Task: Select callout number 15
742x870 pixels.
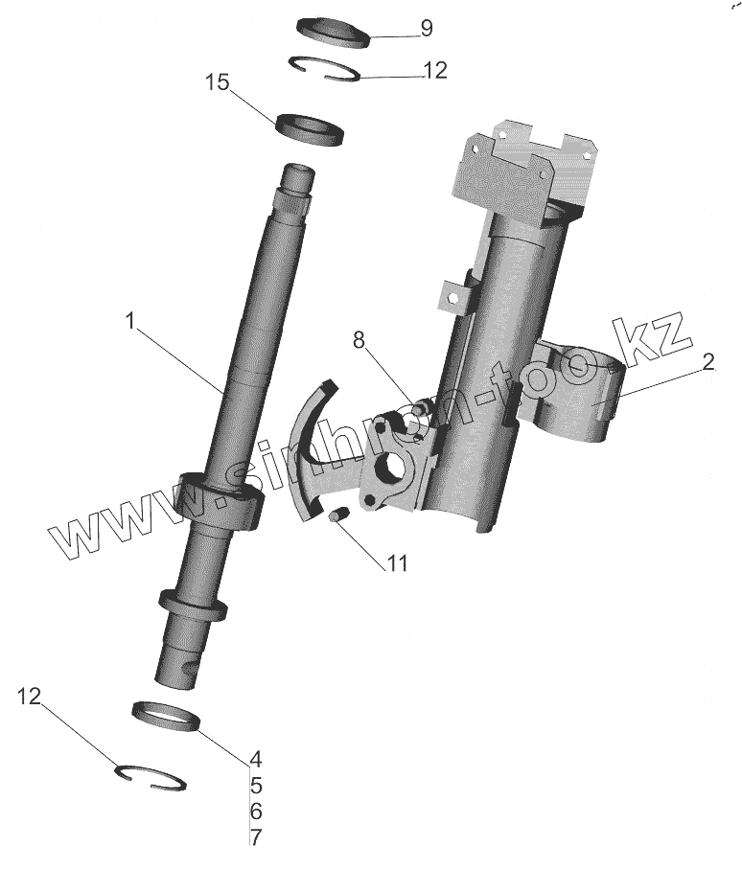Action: coord(218,82)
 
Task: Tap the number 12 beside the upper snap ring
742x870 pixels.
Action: coord(434,71)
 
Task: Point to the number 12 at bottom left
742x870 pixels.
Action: coord(30,697)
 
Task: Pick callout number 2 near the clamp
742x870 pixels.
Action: coord(707,362)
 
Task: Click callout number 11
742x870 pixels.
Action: coord(397,563)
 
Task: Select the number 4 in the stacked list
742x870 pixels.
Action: coord(255,759)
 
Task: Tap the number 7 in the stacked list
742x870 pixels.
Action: coord(255,836)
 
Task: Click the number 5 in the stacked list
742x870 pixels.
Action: coord(255,786)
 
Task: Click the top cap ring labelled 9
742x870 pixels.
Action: coord(333,30)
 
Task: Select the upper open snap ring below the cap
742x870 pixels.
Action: coord(326,70)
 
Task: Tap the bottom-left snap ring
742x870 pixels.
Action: coord(151,773)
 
